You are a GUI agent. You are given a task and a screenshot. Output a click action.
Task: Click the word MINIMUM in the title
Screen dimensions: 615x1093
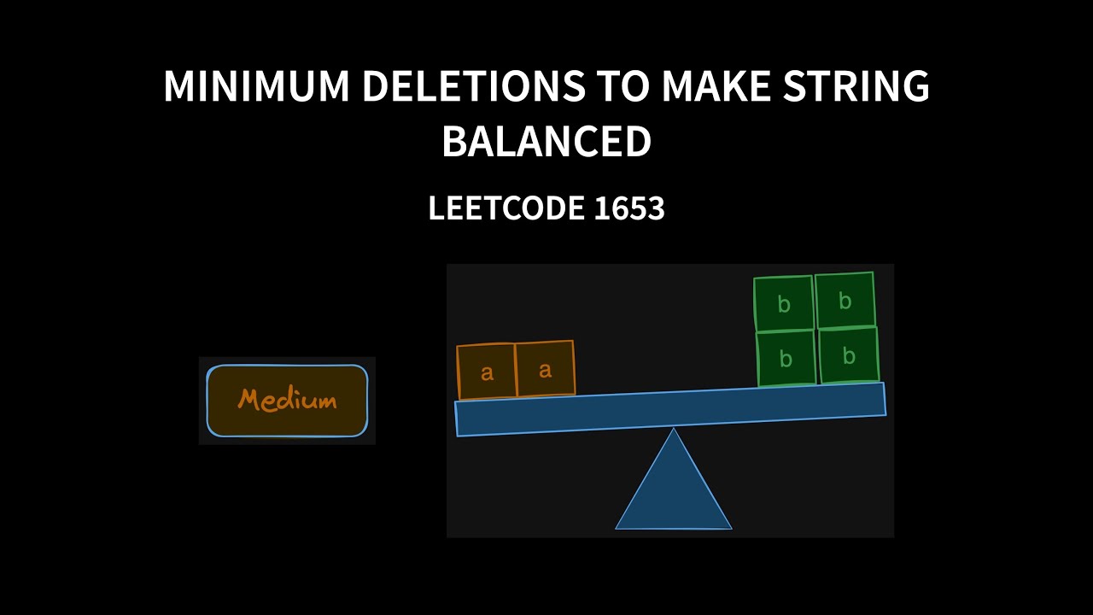[x=254, y=87]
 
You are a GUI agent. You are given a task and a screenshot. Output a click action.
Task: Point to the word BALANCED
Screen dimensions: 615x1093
[x=546, y=142]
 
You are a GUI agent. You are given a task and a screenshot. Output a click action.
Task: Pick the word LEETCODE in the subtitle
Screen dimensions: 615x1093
[x=494, y=208]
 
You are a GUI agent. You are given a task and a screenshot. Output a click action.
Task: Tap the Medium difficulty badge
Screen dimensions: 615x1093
[x=287, y=400]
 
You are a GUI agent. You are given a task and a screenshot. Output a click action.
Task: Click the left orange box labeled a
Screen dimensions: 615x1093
[x=487, y=372]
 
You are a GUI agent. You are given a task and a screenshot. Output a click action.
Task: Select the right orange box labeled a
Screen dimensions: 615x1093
[x=545, y=369]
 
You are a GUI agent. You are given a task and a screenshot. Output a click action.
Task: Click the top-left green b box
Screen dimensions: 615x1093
[x=784, y=304]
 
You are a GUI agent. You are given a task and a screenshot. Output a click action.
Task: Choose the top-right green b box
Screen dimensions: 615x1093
[x=845, y=301]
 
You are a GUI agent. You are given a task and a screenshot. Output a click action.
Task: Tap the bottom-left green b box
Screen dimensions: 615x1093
[x=786, y=359]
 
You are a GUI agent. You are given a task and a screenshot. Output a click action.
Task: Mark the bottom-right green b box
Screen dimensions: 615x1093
[x=849, y=356]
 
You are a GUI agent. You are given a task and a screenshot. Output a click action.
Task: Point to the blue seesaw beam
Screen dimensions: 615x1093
[x=670, y=409]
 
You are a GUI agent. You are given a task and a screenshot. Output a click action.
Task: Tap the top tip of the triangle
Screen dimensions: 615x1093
[x=674, y=430]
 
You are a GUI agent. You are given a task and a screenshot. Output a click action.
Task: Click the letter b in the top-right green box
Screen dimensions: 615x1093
[x=845, y=301]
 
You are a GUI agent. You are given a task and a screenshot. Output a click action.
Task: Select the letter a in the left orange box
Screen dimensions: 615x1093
[x=487, y=372]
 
